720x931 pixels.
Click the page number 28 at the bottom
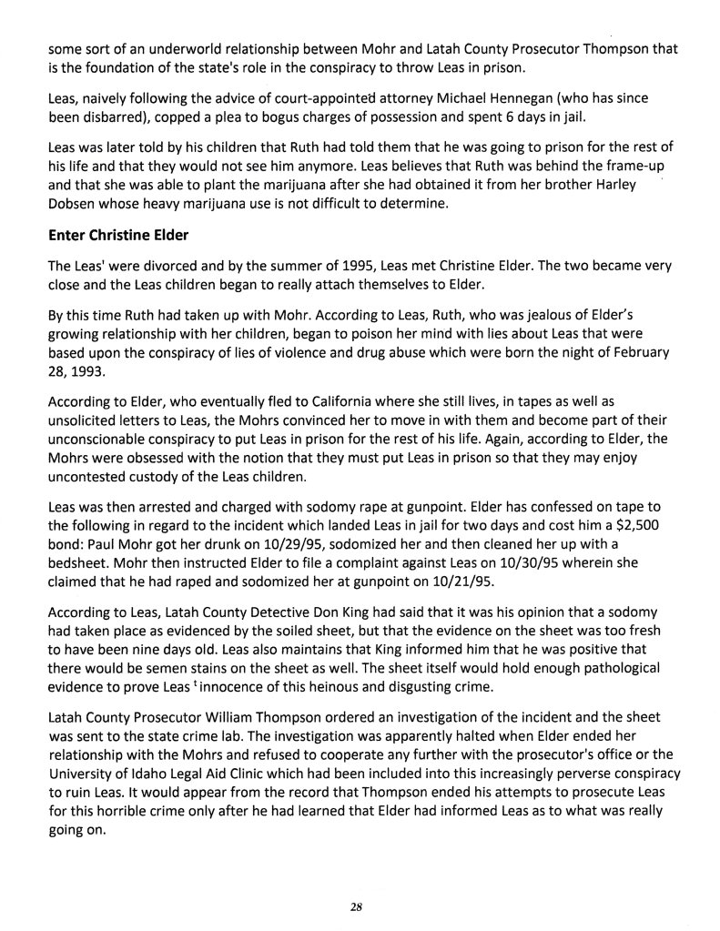(x=356, y=906)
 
